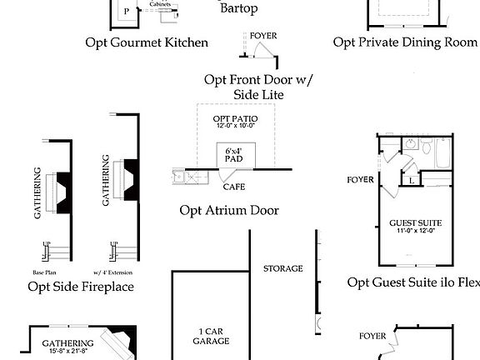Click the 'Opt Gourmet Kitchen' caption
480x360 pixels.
(147, 42)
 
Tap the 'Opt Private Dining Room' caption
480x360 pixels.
(406, 42)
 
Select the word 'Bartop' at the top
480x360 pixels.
(238, 9)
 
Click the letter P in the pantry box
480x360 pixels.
(127, 12)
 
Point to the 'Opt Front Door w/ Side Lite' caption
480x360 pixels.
(256, 87)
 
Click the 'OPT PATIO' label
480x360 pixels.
(236, 119)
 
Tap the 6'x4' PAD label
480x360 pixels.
(234, 155)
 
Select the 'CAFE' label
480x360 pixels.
(233, 187)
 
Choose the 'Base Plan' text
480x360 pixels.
(43, 272)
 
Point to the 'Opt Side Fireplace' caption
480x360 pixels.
(81, 287)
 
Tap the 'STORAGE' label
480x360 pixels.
(283, 268)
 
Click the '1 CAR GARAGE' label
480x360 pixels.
(211, 336)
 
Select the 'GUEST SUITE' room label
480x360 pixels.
(415, 223)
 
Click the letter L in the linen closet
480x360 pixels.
(412, 180)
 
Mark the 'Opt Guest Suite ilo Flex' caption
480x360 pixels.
(413, 282)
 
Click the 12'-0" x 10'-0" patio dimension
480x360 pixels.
(236, 127)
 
